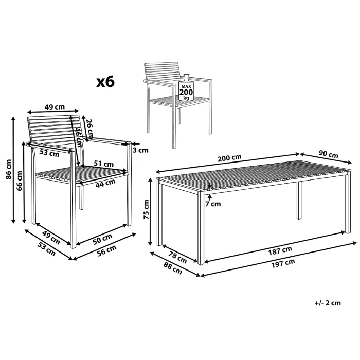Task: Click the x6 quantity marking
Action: pos(105,82)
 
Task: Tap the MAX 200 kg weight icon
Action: pos(186,88)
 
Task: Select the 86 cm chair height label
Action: pos(9,169)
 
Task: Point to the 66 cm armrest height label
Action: pos(20,181)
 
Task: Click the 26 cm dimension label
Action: pos(90,128)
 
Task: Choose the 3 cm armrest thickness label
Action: pos(140,150)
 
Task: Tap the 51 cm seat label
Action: pos(103,164)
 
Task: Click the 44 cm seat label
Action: pos(105,183)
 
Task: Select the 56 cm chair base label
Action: pos(107,250)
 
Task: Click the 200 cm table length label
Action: pos(229,158)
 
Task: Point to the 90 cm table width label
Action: pos(328,154)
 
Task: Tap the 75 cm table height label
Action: pos(146,209)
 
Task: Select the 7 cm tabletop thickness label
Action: pos(213,204)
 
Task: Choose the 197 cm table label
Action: pos(283,263)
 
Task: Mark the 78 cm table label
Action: pos(178,257)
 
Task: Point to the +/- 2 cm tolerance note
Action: pos(328,303)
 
